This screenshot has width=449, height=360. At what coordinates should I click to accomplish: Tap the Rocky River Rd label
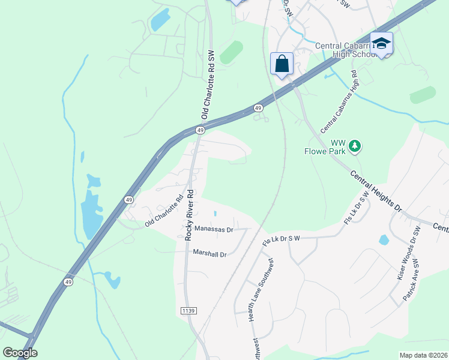190,215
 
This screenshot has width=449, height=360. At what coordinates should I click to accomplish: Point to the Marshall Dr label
209,254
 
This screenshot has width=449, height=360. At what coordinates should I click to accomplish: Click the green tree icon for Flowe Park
355,146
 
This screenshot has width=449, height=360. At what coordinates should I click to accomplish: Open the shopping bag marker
282,64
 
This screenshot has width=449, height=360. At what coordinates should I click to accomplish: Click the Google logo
20,353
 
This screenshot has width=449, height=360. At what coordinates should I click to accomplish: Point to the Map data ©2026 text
423,355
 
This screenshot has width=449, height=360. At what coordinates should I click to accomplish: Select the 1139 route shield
188,310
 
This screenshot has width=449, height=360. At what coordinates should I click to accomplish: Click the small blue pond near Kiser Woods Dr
384,240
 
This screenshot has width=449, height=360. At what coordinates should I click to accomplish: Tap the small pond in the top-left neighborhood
160,21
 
